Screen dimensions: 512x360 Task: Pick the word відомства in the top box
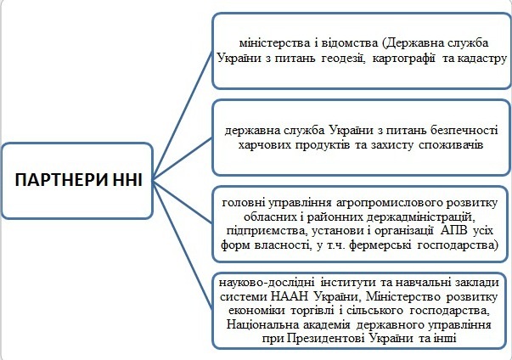click(350, 42)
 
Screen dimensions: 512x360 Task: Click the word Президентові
click(326, 338)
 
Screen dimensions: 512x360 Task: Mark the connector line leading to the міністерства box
click(183, 115)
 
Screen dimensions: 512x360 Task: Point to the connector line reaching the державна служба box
click(183, 159)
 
